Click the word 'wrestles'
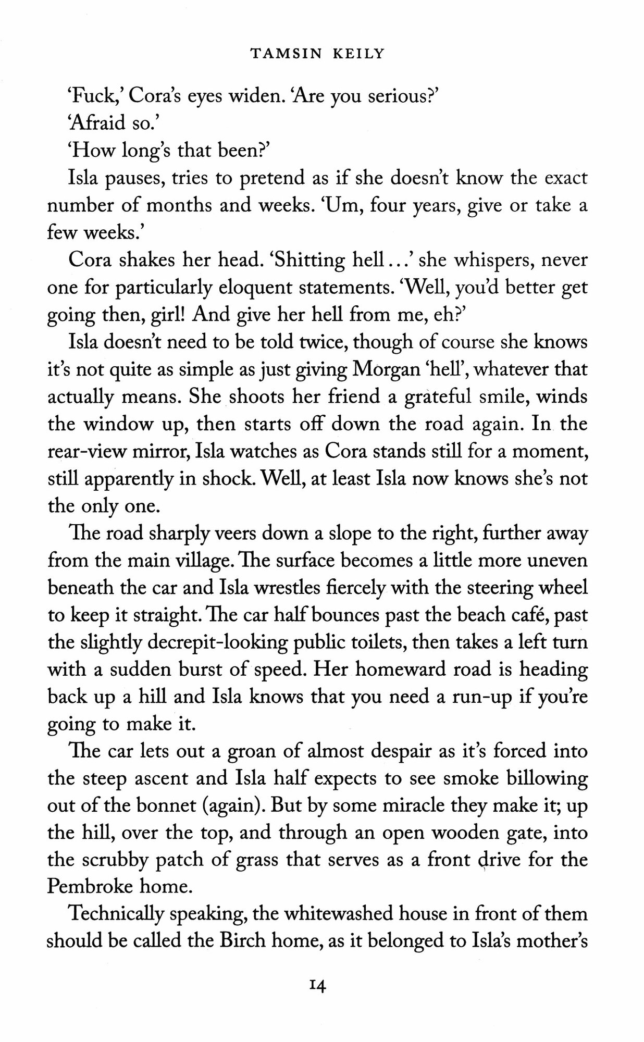(x=277, y=588)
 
